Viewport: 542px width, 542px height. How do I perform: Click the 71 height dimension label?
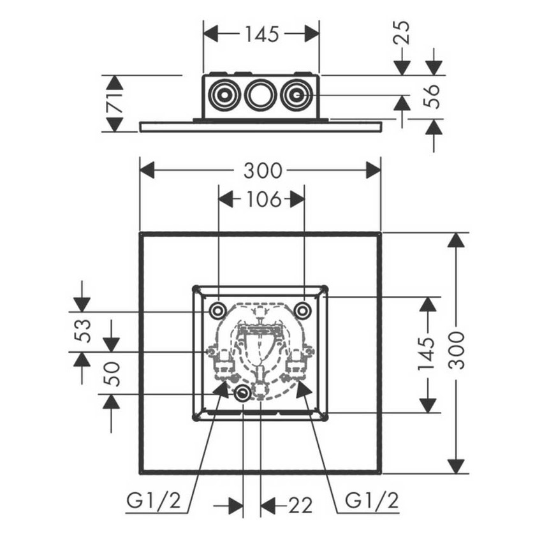coord(115,103)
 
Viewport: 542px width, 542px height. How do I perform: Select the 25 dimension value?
coord(402,32)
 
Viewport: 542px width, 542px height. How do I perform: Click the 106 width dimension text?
coord(261,200)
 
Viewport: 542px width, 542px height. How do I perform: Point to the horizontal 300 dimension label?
coord(263,170)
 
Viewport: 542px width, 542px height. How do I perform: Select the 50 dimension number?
coord(112,373)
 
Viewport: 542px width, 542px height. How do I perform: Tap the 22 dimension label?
coord(300,506)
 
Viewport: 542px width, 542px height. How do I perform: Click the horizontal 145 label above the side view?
coord(261,34)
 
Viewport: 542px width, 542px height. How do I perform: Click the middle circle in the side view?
coord(260,96)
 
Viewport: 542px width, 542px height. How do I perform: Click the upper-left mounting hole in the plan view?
coord(217,311)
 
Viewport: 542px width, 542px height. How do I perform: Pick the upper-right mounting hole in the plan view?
coord(303,311)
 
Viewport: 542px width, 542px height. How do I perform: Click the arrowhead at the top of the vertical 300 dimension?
coord(456,241)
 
